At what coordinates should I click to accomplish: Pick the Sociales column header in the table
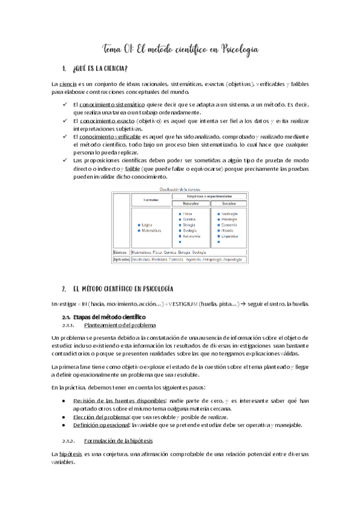(228, 203)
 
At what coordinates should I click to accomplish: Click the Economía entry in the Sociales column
(230, 225)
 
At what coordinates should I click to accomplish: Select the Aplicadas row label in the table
(121, 259)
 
